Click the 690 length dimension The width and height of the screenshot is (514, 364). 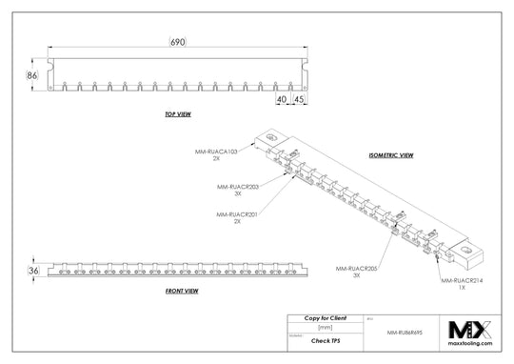click(178, 43)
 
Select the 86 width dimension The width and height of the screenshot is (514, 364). click(31, 73)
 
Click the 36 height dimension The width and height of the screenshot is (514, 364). click(33, 272)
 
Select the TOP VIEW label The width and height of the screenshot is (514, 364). click(178, 114)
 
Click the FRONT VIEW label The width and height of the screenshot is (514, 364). click(181, 290)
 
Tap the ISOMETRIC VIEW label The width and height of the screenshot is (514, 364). click(391, 154)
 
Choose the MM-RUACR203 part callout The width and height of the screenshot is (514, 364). click(238, 187)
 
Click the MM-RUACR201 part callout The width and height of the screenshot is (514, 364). click(238, 214)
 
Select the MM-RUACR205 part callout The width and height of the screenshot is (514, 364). click(356, 270)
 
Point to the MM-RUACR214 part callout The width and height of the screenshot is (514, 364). click(461, 282)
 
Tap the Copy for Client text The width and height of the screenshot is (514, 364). click(325, 317)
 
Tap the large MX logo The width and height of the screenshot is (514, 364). click(470, 331)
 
